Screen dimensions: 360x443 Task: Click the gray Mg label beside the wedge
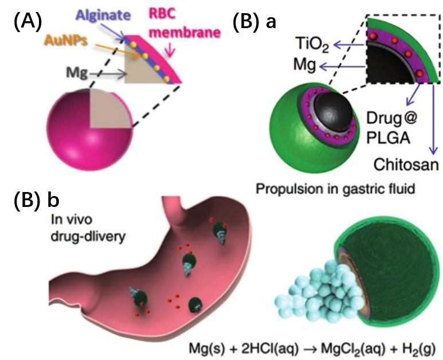tap(73, 73)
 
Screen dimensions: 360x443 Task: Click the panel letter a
tap(270, 22)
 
